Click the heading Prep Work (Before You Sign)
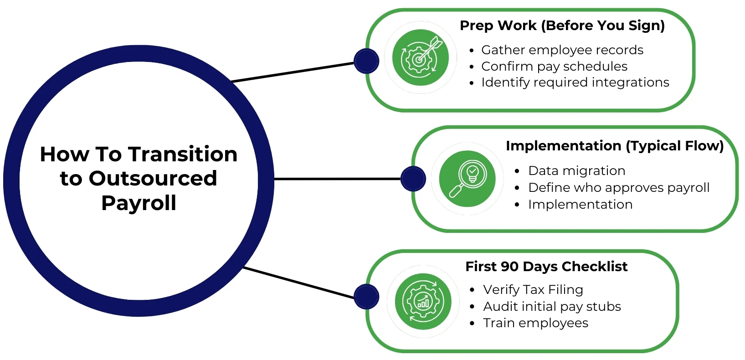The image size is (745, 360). click(x=562, y=26)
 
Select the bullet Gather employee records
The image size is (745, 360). click(x=562, y=50)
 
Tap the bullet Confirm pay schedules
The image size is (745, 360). click(x=554, y=67)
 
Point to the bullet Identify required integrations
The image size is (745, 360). click(x=575, y=82)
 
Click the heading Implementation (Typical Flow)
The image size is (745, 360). click(x=614, y=146)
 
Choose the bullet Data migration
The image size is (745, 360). click(x=576, y=171)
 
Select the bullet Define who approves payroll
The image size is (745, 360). click(x=618, y=188)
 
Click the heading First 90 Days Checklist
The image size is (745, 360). click(x=546, y=267)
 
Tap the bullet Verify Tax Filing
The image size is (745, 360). click(x=533, y=290)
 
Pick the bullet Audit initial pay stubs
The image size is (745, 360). click(x=552, y=307)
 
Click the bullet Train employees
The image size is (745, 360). click(x=535, y=323)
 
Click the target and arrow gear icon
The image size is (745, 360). click(x=421, y=57)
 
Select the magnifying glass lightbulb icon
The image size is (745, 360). click(x=467, y=179)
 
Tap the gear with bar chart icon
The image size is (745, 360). click(x=423, y=301)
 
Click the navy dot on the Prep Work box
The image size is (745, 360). click(x=366, y=61)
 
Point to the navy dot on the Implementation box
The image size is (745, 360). click(x=413, y=179)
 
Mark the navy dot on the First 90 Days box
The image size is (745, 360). click(x=366, y=297)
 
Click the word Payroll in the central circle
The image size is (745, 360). click(x=139, y=203)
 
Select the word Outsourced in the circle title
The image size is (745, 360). click(x=153, y=179)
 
